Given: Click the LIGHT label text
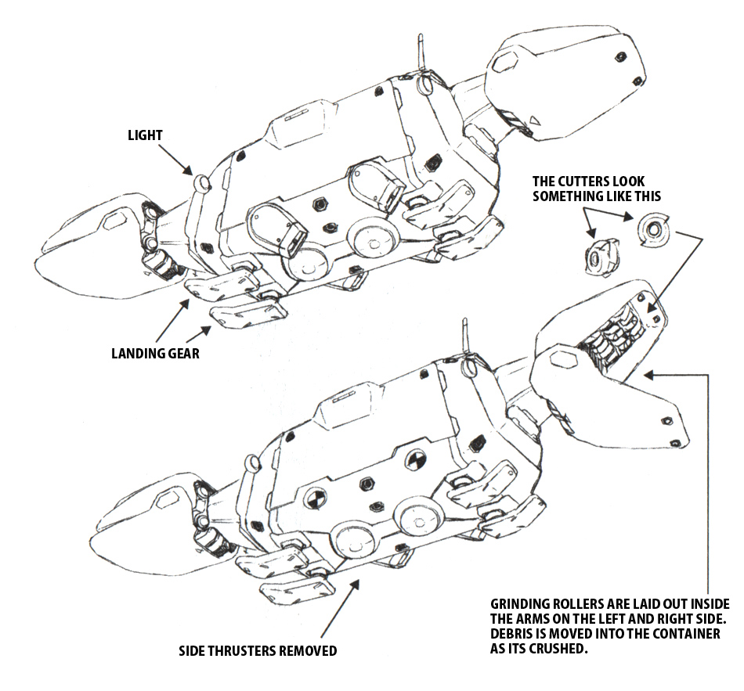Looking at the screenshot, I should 145,135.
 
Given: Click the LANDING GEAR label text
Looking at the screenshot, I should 155,354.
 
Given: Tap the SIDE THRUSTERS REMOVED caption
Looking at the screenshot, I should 258,650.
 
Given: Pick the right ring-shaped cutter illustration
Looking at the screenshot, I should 651,229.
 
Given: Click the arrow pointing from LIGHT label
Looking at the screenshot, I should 179,160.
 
